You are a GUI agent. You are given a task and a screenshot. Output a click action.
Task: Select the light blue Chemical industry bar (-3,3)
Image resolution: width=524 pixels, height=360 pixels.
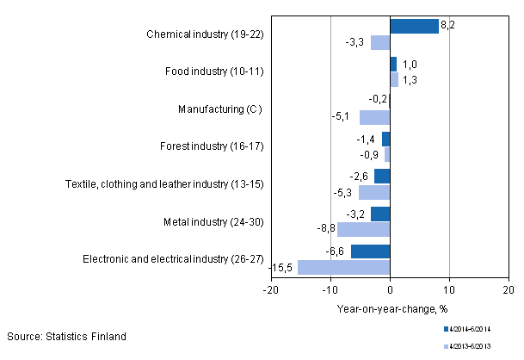click(380, 42)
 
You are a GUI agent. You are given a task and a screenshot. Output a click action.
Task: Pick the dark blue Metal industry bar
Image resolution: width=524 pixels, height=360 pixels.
click(380, 214)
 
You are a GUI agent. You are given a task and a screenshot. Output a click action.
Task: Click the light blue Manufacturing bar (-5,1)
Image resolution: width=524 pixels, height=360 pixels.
click(374, 117)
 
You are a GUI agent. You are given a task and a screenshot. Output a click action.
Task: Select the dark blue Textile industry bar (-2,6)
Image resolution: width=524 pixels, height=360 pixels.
click(382, 176)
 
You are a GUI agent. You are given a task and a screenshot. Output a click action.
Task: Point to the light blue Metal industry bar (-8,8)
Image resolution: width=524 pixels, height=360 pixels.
click(363, 229)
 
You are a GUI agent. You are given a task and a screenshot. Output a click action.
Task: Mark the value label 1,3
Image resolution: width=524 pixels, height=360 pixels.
click(409, 80)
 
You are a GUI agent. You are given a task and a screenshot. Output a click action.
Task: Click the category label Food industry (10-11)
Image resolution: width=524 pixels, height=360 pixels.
click(214, 71)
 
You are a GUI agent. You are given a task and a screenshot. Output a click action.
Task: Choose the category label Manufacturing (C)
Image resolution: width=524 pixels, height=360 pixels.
click(219, 109)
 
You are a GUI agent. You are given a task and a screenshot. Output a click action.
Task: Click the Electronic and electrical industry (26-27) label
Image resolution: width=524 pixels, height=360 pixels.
click(172, 259)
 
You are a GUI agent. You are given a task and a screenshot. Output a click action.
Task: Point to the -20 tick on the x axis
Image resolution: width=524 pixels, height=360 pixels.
click(271, 291)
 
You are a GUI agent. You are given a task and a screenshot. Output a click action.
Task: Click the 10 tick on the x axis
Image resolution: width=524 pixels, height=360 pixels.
click(449, 291)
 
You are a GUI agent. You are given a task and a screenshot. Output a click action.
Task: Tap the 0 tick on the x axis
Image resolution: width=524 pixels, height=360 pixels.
click(390, 291)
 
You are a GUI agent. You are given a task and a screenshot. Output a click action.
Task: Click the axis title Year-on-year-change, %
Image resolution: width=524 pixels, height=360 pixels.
click(392, 308)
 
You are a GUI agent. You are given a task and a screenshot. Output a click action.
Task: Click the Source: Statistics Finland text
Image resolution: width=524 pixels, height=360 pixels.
click(66, 336)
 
